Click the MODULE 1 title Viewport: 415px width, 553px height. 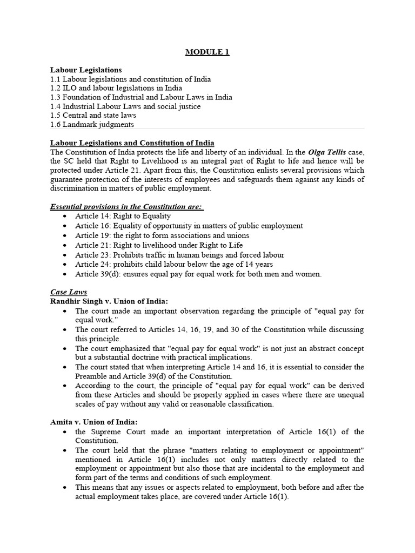207,52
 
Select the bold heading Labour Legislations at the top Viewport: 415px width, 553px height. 86,70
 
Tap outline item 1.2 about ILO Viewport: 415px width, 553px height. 116,88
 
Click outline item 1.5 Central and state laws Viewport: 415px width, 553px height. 93,116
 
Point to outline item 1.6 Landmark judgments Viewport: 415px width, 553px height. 92,125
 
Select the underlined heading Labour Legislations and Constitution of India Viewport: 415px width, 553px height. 132,143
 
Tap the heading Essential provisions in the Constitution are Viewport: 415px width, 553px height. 126,207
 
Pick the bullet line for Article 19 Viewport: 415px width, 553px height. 162,235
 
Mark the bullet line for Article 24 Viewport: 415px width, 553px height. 174,264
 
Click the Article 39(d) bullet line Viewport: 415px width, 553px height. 198,274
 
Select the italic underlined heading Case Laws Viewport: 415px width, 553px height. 69,292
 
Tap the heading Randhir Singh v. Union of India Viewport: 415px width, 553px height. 109,301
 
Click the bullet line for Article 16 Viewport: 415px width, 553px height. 189,226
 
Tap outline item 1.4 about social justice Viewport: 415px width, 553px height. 125,106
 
